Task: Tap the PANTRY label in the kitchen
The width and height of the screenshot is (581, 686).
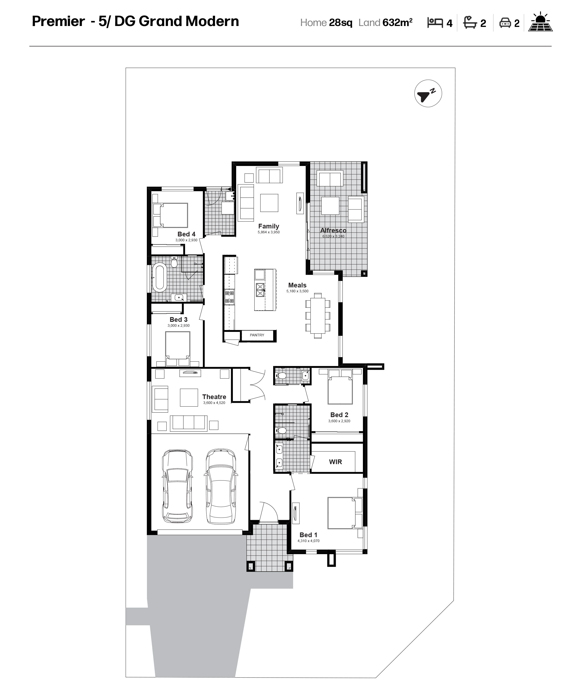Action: [257, 335]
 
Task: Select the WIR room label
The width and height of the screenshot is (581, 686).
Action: [335, 462]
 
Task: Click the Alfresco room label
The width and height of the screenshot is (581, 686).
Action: [333, 230]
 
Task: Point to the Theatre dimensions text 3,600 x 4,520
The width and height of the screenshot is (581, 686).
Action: [214, 403]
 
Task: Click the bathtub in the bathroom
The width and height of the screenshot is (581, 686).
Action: [160, 277]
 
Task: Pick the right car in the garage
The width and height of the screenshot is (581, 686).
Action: [221, 486]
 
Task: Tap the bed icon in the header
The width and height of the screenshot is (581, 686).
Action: [435, 23]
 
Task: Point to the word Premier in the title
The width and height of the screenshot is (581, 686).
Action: [58, 21]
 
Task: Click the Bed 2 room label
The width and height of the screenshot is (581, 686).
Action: [339, 415]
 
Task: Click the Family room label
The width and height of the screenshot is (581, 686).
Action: [268, 226]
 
